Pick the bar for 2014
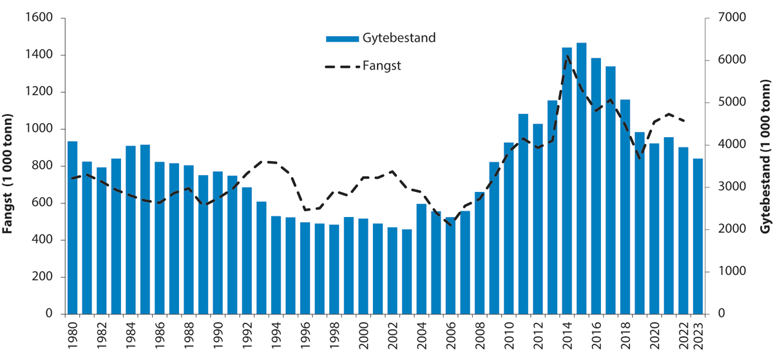click(x=567, y=181)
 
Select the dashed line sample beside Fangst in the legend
click(x=341, y=66)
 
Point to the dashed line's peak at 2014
click(x=567, y=56)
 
